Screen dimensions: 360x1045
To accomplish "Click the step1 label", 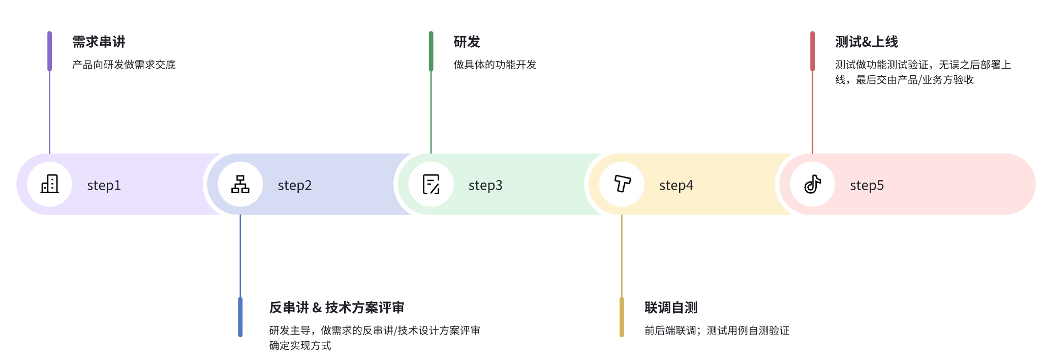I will tap(104, 185).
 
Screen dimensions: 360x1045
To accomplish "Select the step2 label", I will tap(294, 185).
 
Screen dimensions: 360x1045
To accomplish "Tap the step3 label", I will tap(485, 185).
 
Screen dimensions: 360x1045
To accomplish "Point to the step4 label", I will tap(676, 185).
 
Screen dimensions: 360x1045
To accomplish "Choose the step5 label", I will tap(867, 185).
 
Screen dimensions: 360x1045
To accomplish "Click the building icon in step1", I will tap(50, 184).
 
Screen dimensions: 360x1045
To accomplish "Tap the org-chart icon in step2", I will tap(240, 184).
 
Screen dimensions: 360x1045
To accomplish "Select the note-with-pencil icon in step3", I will tap(431, 184).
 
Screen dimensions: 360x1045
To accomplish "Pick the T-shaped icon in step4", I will tap(622, 184).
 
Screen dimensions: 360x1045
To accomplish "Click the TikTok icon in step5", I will tap(813, 184).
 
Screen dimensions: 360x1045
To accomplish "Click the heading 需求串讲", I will tap(99, 42).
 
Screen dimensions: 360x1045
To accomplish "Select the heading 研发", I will tap(467, 42).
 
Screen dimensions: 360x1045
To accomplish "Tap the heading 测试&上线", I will tap(866, 42).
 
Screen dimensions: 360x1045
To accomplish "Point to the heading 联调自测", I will tap(670, 308).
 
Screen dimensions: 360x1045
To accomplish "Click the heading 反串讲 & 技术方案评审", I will tap(336, 308).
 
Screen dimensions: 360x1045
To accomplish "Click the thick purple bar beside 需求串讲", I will tap(49, 51).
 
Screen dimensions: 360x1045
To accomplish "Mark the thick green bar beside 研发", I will tap(431, 51).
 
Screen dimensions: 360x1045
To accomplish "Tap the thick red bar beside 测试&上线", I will tap(812, 51).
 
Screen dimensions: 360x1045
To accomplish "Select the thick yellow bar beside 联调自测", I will tap(622, 317).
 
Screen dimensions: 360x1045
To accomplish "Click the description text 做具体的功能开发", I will tap(495, 65).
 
